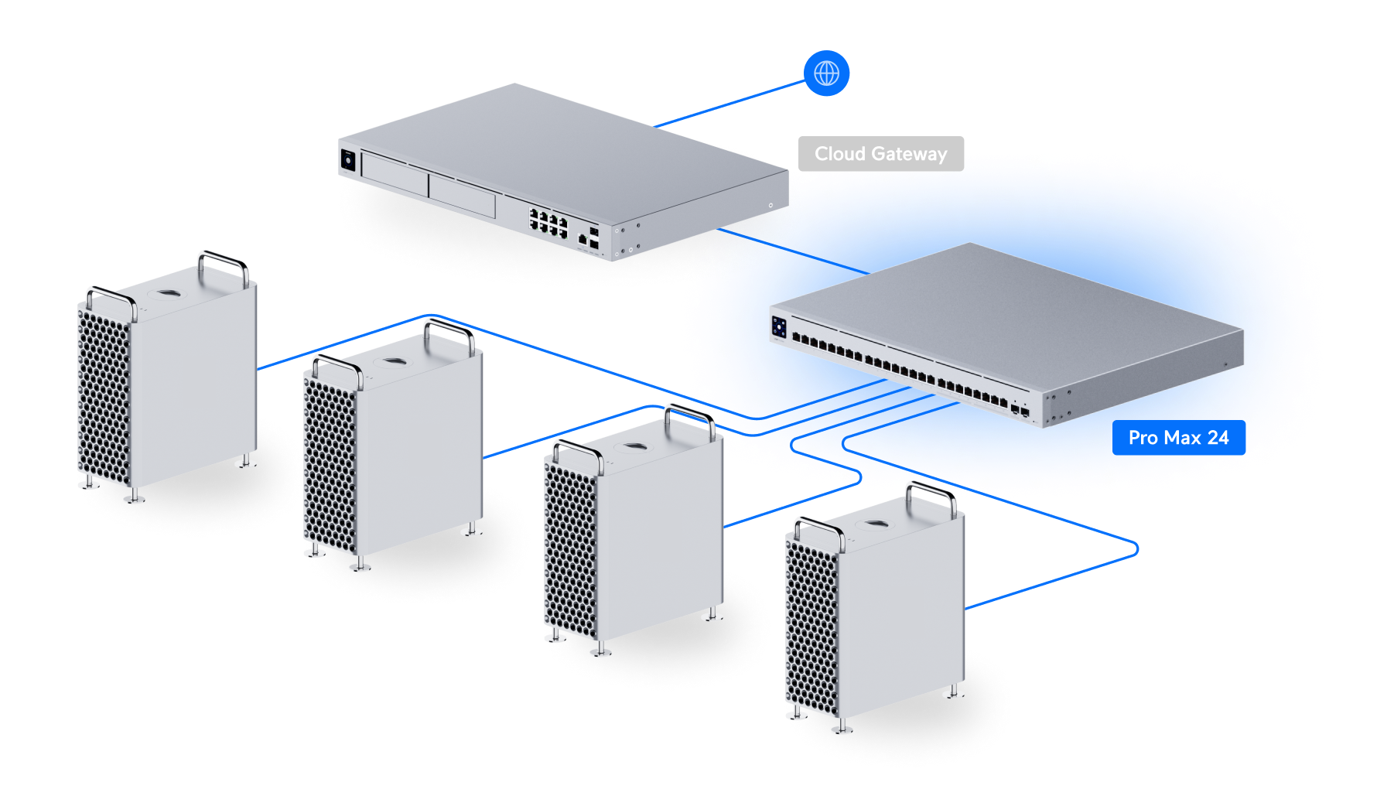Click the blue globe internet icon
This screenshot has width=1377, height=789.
click(x=826, y=73)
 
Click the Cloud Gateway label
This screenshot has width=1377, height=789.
click(x=880, y=154)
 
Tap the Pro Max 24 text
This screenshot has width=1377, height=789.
click(x=1178, y=438)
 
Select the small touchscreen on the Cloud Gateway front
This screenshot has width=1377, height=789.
click(x=347, y=160)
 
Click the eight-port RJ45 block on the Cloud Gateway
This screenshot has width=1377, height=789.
click(x=548, y=222)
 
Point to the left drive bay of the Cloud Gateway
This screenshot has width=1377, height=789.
click(x=395, y=176)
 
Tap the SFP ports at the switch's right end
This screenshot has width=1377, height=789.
click(x=1020, y=410)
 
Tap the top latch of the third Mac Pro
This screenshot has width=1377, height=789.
click(x=634, y=448)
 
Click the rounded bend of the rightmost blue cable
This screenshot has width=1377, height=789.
click(x=1136, y=549)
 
